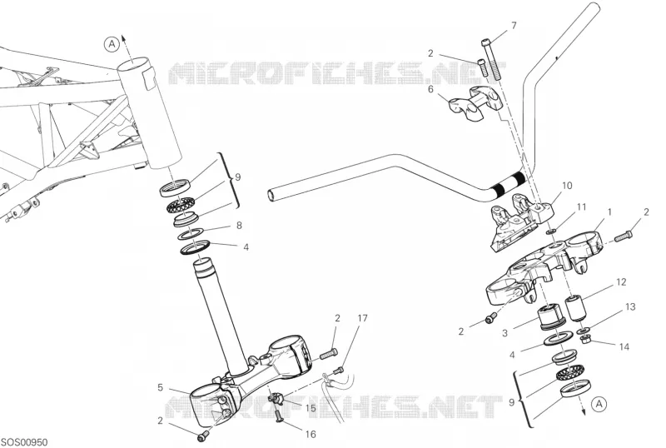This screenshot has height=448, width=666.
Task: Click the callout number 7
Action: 514,26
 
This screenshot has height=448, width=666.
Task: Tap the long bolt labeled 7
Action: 490,59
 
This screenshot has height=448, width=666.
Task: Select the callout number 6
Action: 430,90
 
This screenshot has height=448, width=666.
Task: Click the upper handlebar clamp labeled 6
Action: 475,103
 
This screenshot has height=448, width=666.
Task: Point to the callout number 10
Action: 568,186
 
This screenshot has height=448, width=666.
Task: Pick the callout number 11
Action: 581,207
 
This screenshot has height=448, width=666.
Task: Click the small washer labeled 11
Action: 551,231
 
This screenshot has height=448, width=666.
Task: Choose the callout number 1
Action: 610,212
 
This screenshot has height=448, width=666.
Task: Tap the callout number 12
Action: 621,282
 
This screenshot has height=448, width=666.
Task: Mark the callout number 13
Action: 630,306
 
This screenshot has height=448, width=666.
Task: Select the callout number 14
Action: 624,347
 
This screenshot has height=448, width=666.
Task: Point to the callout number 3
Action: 504,333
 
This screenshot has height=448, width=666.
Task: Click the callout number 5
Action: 160,388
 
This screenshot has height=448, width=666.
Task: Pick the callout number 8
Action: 239,226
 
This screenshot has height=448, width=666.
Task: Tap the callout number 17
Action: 362,318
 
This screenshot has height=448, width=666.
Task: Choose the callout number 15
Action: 311,409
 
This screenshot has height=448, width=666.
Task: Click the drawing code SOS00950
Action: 24,442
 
